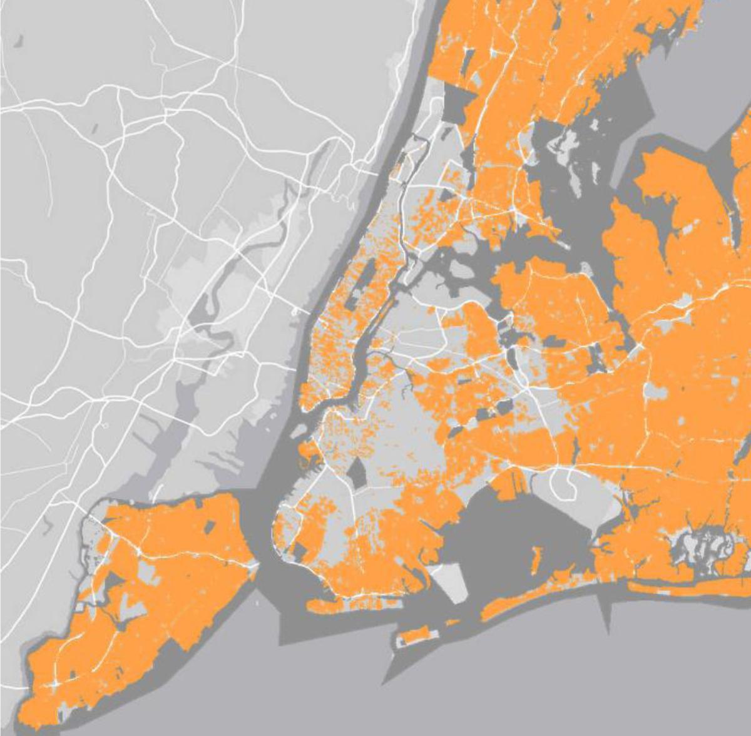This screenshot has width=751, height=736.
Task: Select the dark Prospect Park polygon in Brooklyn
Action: point(358,471)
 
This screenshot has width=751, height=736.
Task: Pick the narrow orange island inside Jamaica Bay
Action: point(536,555)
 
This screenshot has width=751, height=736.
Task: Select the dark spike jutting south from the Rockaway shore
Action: point(605,610)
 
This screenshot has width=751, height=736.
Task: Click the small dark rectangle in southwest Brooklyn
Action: point(301,551)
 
